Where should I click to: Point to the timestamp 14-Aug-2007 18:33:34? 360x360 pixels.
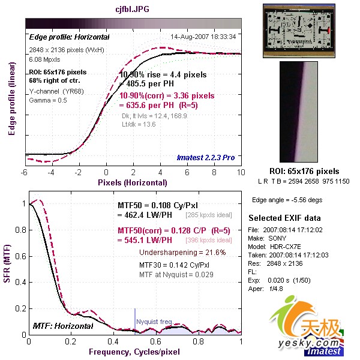(x=203, y=37)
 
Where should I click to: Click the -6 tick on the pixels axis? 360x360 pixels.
(x=25, y=173)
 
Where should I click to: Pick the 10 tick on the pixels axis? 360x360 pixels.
(x=241, y=173)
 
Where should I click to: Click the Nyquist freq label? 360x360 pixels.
(x=155, y=322)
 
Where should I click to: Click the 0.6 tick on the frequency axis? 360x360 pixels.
(x=157, y=341)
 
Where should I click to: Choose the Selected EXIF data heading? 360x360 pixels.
(x=285, y=218)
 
